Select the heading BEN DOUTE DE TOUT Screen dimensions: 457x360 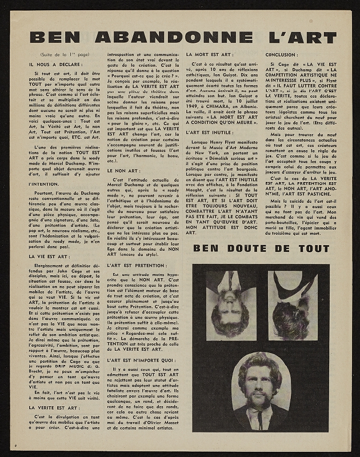click(262, 248)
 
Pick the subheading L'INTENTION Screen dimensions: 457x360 click(42, 185)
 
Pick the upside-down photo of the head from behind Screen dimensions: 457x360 click(293, 296)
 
